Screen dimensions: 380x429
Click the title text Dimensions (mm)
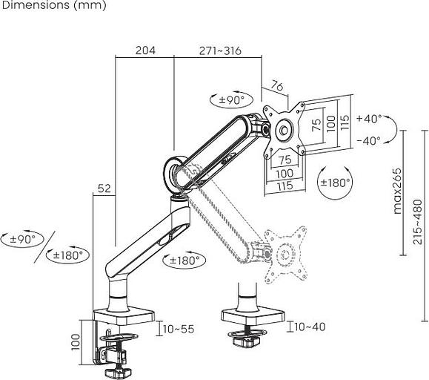coord(53,6)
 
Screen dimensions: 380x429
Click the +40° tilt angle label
coord(368,119)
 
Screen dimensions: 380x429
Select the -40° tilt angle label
coord(368,140)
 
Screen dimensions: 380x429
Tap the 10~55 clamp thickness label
coord(178,328)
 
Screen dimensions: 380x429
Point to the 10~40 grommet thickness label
coord(310,327)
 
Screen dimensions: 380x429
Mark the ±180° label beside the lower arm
coord(185,261)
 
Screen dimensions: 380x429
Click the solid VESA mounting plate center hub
coord(284,130)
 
